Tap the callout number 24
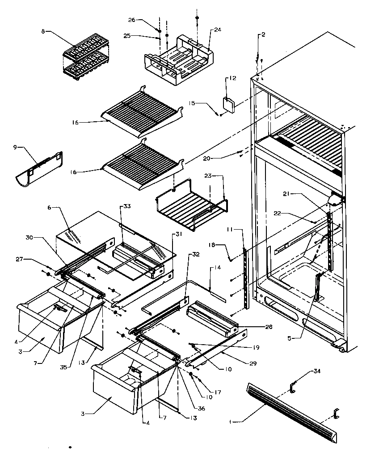tap(217, 30)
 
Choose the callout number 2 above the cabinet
tap(263, 34)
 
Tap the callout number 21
tap(287, 193)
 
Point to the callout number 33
tap(127, 206)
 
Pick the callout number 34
tap(317, 371)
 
